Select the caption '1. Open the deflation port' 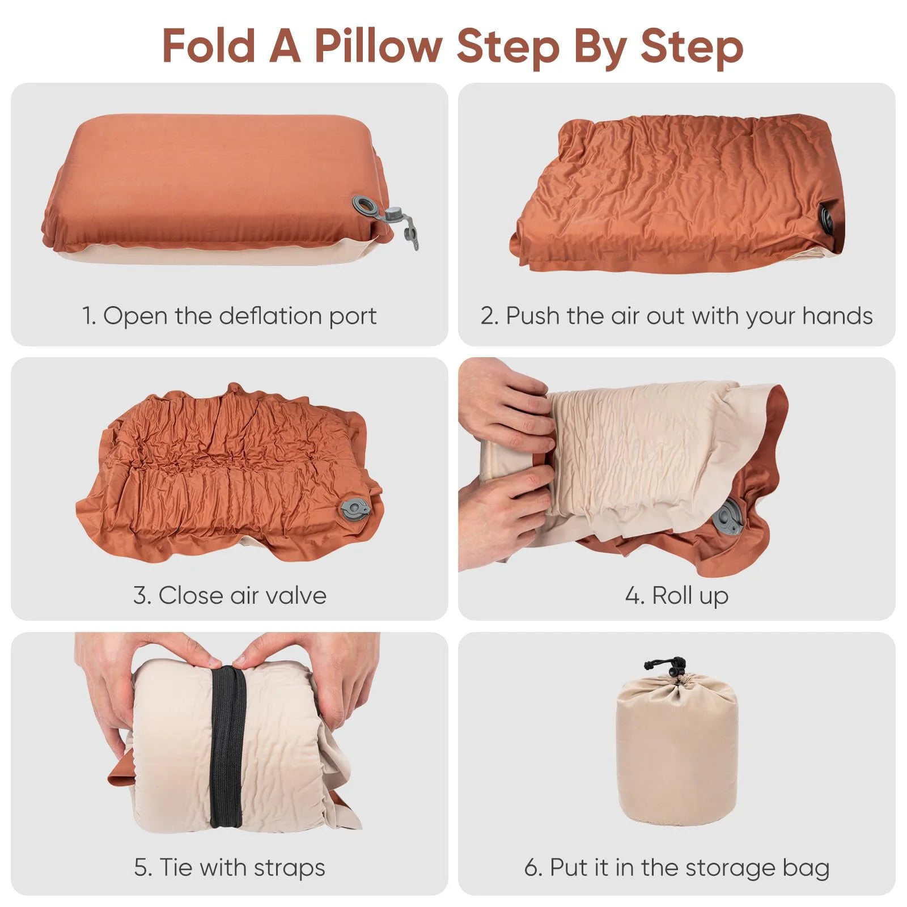pos(229,316)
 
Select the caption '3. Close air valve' pos(230,595)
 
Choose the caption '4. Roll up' pos(676,595)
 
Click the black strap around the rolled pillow pos(228,748)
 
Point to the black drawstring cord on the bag pos(666,664)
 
